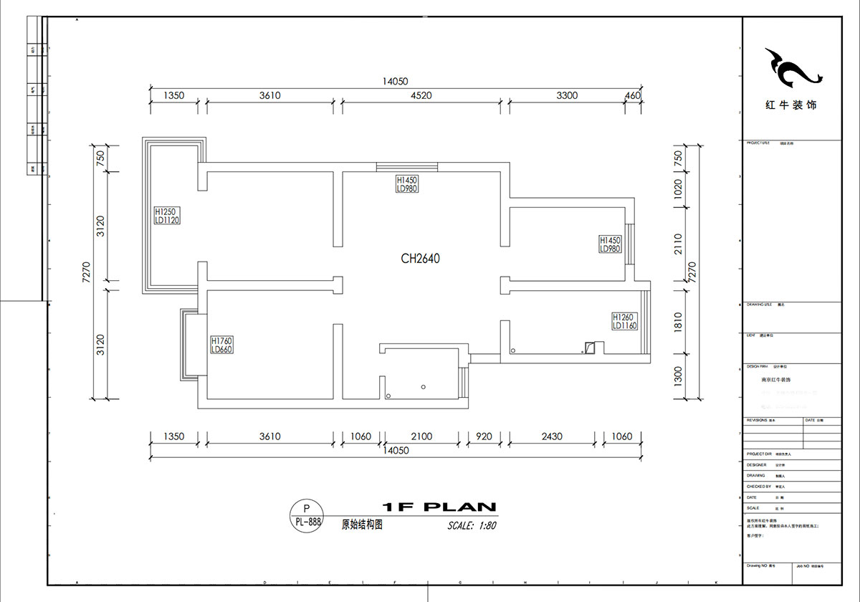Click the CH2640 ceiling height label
click(420, 258)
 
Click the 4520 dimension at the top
click(421, 95)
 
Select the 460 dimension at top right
click(632, 95)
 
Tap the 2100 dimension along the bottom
click(421, 436)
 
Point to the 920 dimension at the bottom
click(484, 436)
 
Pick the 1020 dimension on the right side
click(679, 189)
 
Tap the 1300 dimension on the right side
click(679, 376)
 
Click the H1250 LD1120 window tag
click(166, 216)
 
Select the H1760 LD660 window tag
click(222, 345)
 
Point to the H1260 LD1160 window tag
click(624, 321)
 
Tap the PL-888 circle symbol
click(307, 515)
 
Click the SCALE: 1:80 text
click(472, 525)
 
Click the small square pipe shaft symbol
click(589, 348)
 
